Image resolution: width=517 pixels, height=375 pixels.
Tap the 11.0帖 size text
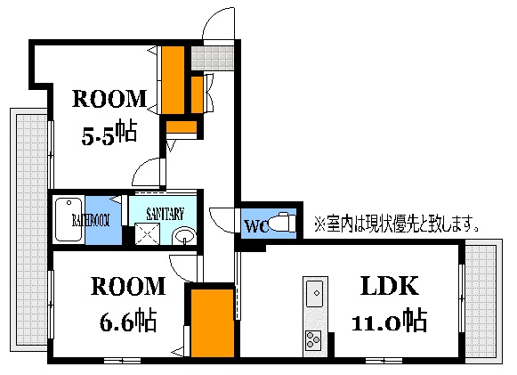pyautogui.click(x=392, y=319)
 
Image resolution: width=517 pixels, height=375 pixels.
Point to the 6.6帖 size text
pyautogui.click(x=125, y=319)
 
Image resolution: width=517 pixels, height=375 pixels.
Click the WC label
pyautogui.click(x=254, y=226)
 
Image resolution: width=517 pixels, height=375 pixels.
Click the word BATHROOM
pyautogui.click(x=90, y=218)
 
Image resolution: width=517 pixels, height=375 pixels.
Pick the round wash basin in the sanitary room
pyautogui.click(x=184, y=236)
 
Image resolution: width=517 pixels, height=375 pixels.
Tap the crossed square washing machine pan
pyautogui.click(x=145, y=234)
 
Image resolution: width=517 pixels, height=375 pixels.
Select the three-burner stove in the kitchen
pyautogui.click(x=315, y=338)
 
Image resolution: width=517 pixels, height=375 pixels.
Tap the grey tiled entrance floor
pyautogui.click(x=214, y=57)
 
